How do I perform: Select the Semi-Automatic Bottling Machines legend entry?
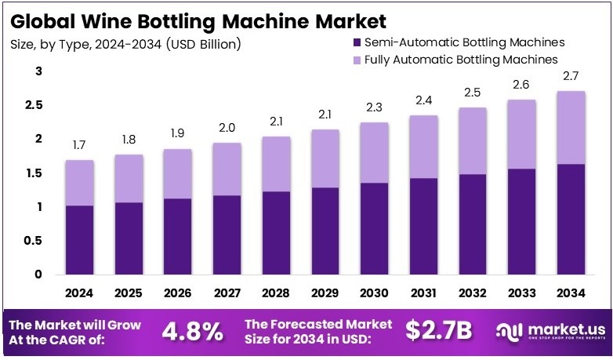(x=459, y=42)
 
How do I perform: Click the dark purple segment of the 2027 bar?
(x=226, y=235)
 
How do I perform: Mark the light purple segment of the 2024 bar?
(x=80, y=183)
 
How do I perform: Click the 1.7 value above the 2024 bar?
(x=80, y=145)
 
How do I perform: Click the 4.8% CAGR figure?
(x=193, y=331)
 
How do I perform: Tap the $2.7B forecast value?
(x=439, y=331)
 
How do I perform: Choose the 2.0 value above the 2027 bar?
(x=226, y=127)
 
